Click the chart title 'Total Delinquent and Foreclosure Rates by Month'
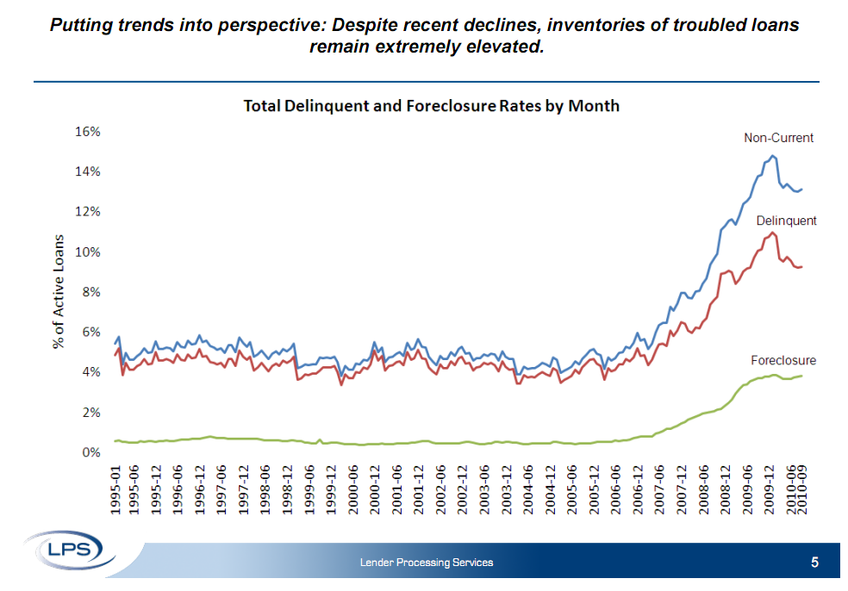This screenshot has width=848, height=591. pyautogui.click(x=432, y=106)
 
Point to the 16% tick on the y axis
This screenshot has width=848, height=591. pyautogui.click(x=87, y=132)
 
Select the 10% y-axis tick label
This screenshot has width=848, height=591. pyautogui.click(x=87, y=252)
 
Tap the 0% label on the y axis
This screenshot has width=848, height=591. pyautogui.click(x=90, y=452)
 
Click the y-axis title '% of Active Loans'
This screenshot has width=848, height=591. pyautogui.click(x=59, y=291)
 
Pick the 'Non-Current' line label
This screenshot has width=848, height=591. pyautogui.click(x=778, y=138)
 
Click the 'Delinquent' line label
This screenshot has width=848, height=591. pyautogui.click(x=786, y=221)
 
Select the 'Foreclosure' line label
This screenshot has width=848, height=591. pyautogui.click(x=783, y=360)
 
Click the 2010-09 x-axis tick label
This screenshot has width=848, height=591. pyautogui.click(x=802, y=490)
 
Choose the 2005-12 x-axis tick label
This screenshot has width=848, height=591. pyautogui.click(x=593, y=490)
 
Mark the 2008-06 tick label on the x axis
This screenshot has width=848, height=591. pyautogui.click(x=703, y=490)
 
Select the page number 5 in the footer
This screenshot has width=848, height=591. pyautogui.click(x=814, y=563)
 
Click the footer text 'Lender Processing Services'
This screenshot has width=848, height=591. pyautogui.click(x=427, y=563)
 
